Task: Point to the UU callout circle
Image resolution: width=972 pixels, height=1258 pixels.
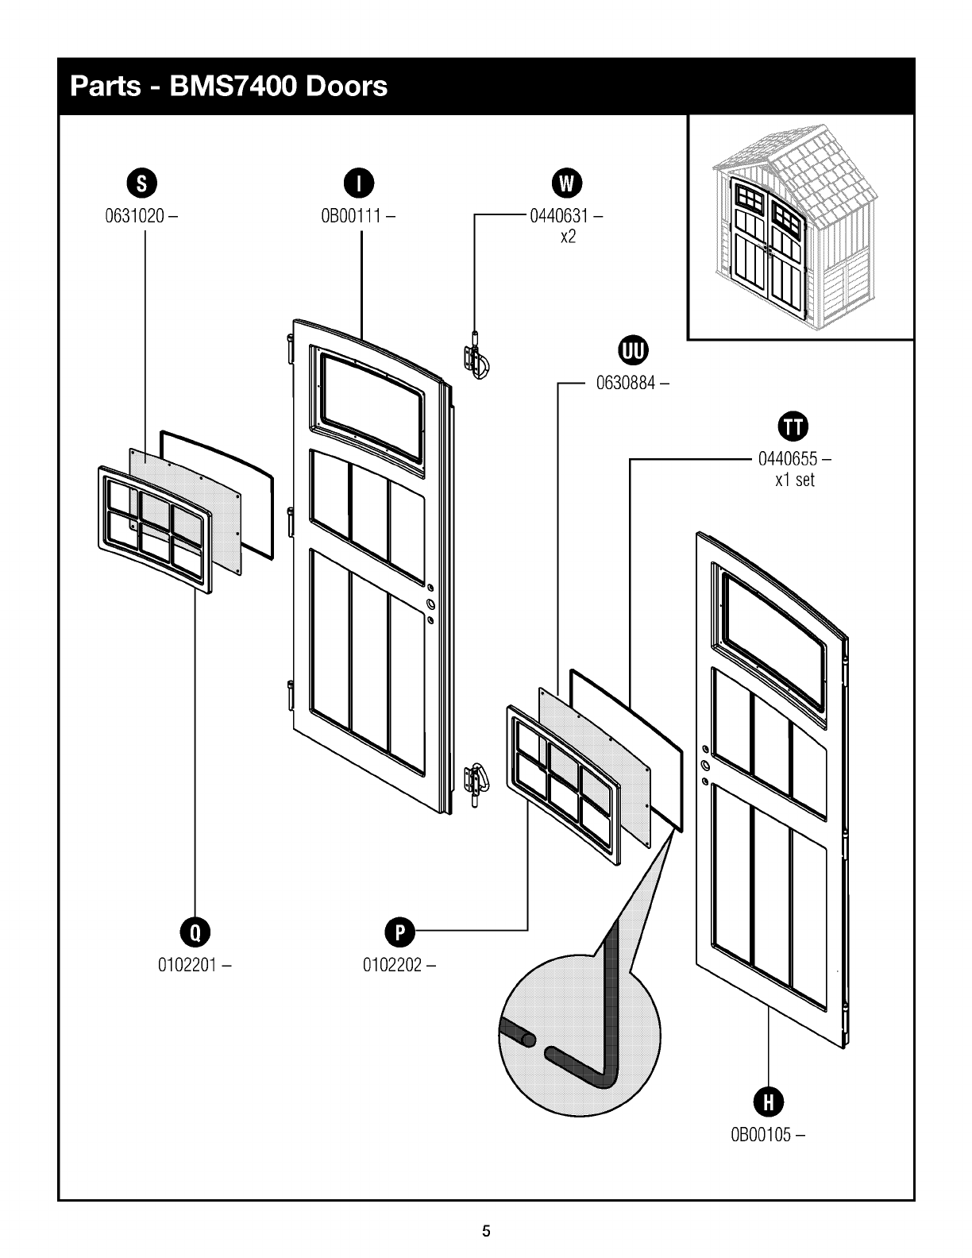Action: pyautogui.click(x=634, y=350)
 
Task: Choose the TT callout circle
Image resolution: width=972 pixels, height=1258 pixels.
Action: pyautogui.click(x=793, y=426)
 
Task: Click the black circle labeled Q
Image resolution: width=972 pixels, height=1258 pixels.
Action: pyautogui.click(x=195, y=932)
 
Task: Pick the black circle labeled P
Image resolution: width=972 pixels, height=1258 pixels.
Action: pyautogui.click(x=400, y=932)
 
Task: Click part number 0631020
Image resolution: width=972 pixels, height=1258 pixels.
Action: pyautogui.click(x=135, y=217)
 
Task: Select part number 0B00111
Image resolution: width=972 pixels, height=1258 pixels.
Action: pyautogui.click(x=352, y=217)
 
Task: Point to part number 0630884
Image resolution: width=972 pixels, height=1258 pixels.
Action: pyautogui.click(x=626, y=384)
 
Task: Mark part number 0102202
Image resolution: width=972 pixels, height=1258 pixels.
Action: pyautogui.click(x=392, y=965)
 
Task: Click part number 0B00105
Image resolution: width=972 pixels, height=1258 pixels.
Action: pyautogui.click(x=761, y=1135)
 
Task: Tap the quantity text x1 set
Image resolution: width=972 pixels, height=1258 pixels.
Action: pyautogui.click(x=795, y=480)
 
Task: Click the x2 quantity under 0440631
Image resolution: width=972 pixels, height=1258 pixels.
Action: pyautogui.click(x=568, y=237)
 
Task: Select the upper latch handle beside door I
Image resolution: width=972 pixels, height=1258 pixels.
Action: pyautogui.click(x=476, y=356)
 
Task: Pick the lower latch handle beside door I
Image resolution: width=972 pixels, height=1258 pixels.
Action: pyautogui.click(x=476, y=785)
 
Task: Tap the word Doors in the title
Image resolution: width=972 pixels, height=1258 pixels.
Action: pyautogui.click(x=346, y=86)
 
